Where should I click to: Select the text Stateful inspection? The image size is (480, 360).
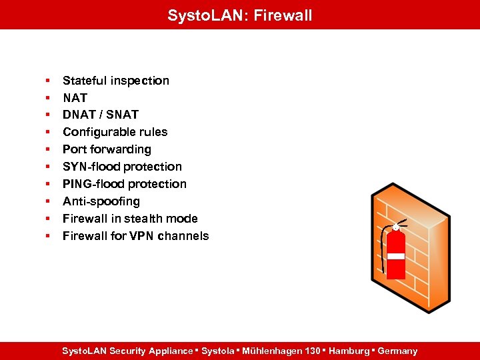(x=115, y=81)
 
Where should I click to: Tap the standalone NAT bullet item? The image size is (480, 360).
(x=75, y=98)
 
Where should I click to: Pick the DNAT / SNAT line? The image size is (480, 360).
(x=100, y=115)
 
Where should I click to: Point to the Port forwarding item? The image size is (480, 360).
(x=107, y=149)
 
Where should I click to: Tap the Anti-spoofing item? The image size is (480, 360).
(x=101, y=201)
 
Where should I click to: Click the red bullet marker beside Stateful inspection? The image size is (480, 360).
(x=48, y=81)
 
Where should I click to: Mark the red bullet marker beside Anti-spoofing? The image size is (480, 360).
(x=48, y=201)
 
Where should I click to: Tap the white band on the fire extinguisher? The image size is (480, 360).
(x=397, y=256)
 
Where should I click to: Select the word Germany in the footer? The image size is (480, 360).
(x=397, y=351)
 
